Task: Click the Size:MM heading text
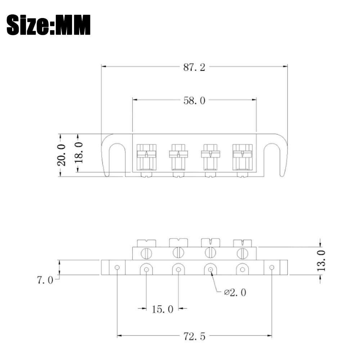pyautogui.click(x=49, y=24)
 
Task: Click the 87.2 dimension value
pyautogui.click(x=194, y=67)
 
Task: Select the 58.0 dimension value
pyautogui.click(x=194, y=101)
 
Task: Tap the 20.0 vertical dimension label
pyautogui.click(x=61, y=155)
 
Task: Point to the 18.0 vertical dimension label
pyautogui.click(x=79, y=152)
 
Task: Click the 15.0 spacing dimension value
pyautogui.click(x=162, y=309)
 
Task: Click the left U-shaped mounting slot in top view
pyautogui.click(x=116, y=158)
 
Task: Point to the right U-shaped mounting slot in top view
pyautogui.click(x=272, y=158)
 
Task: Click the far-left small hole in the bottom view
pyautogui.click(x=117, y=267)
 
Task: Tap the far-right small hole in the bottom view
pyautogui.click(x=271, y=267)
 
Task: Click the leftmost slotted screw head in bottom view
pyautogui.click(x=147, y=253)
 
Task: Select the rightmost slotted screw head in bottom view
pyautogui.click(x=242, y=253)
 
